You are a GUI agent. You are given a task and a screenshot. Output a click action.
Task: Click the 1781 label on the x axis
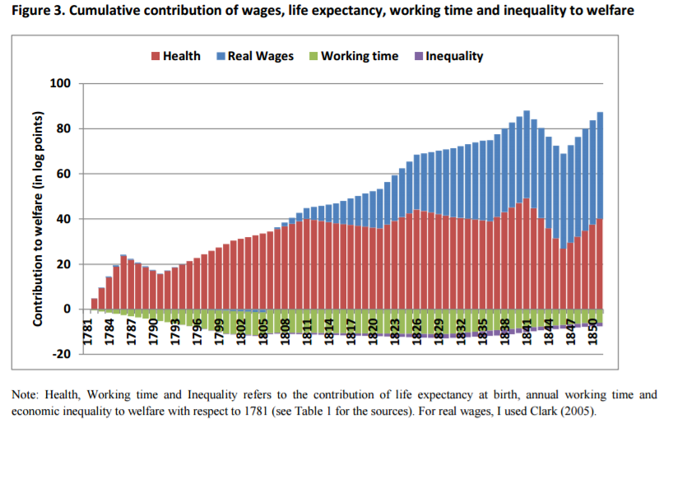86,333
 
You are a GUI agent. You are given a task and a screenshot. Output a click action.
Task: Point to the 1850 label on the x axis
592,333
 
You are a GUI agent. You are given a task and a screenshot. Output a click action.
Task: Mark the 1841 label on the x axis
526,333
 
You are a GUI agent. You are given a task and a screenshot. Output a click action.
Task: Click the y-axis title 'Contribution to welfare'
38,218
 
